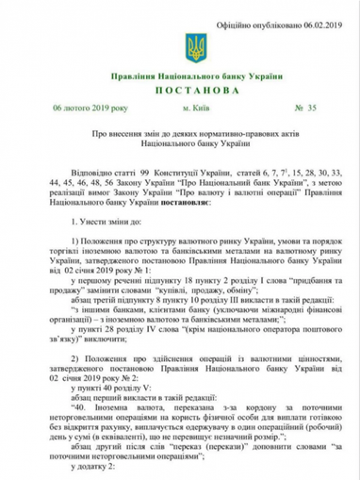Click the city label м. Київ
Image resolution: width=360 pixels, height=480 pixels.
(182, 111)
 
